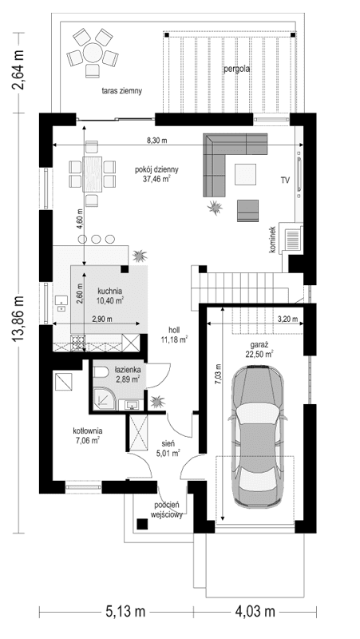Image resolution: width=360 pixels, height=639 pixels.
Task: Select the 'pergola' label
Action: (236, 69)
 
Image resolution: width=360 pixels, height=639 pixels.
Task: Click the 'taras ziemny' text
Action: (121, 91)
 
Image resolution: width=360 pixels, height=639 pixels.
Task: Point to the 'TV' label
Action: (284, 181)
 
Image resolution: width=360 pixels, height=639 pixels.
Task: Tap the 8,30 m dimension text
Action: (158, 140)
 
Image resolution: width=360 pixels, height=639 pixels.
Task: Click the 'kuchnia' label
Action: (110, 291)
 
